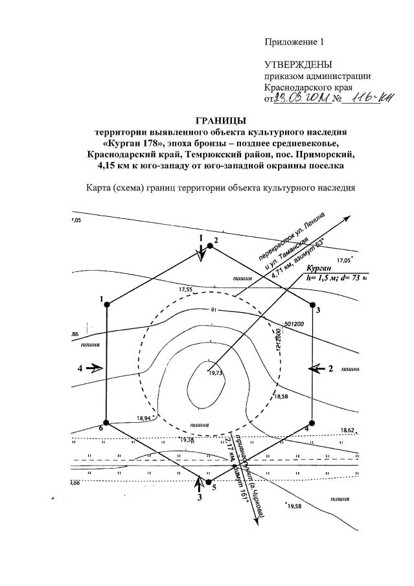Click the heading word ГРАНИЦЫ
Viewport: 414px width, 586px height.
click(221, 119)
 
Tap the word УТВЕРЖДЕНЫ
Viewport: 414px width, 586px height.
click(298, 65)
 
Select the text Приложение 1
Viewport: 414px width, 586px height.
click(293, 42)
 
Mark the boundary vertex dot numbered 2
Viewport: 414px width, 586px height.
click(209, 246)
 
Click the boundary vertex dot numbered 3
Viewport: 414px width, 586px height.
click(312, 304)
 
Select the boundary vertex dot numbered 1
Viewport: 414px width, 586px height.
click(107, 304)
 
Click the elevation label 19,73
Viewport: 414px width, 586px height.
click(215, 373)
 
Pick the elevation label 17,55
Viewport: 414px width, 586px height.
click(187, 289)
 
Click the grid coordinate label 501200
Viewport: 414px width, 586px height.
click(294, 323)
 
